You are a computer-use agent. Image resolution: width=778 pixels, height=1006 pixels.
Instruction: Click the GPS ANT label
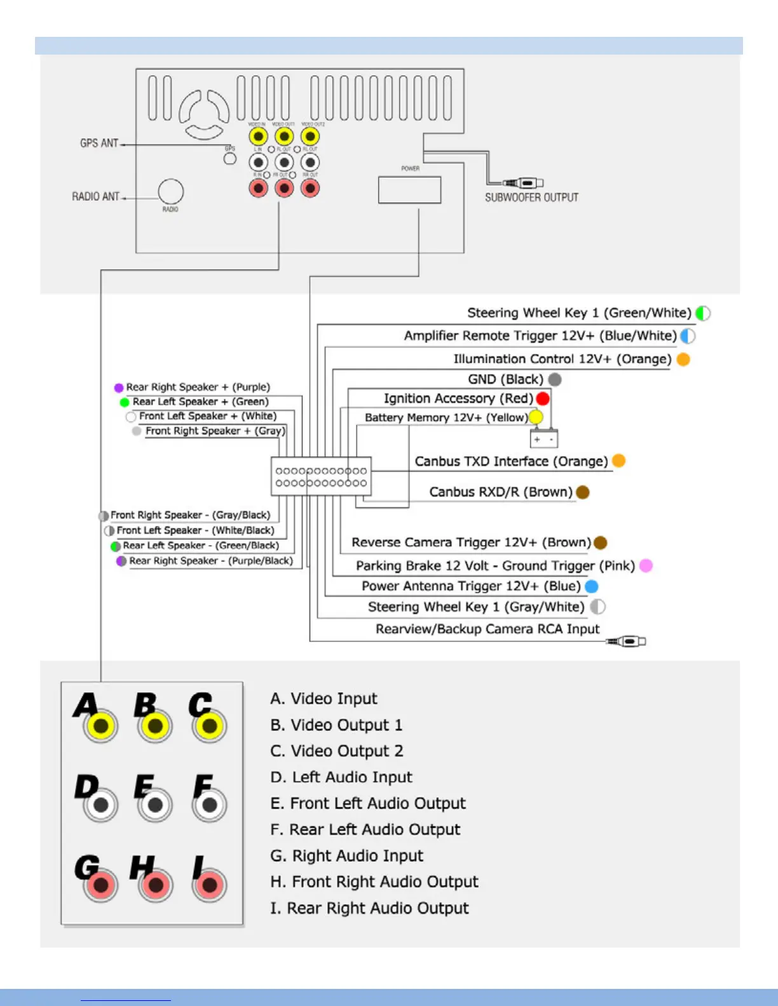99,144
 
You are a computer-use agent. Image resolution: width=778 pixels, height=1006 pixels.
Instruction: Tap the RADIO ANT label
95,197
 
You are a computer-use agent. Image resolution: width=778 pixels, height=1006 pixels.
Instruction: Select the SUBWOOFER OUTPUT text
531,198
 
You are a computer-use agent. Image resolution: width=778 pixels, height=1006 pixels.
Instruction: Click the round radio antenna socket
170,191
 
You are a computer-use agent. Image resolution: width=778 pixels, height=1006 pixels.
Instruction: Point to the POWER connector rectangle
409,190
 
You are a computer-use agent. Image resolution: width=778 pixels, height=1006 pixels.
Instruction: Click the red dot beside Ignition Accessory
543,398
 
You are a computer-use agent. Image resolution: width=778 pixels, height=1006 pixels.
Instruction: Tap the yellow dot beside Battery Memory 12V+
536,417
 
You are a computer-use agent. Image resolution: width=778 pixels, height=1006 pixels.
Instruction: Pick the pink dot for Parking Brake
646,565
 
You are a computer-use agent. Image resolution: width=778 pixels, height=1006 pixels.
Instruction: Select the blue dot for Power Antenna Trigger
591,586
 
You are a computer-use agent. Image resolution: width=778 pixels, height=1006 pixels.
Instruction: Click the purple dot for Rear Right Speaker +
119,387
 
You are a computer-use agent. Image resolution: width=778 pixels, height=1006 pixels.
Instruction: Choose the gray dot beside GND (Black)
555,379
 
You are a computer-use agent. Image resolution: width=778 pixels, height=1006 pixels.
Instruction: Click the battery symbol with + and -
544,439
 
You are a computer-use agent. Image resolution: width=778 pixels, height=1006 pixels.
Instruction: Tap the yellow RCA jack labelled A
100,726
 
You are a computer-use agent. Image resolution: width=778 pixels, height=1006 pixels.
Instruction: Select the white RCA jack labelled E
155,805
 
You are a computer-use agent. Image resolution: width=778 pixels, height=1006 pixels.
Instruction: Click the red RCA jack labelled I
209,885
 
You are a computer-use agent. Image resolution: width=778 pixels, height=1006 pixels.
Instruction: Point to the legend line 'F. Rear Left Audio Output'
365,829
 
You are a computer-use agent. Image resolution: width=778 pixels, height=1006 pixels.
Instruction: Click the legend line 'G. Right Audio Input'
346,855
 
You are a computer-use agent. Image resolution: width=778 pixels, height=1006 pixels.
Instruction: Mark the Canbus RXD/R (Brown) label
500,492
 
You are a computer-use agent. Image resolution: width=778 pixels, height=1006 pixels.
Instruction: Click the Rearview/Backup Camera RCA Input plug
627,641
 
